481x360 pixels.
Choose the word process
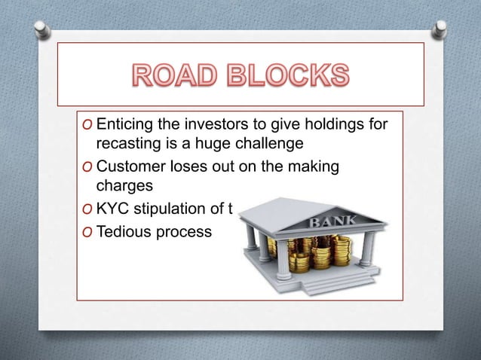click(182, 233)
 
